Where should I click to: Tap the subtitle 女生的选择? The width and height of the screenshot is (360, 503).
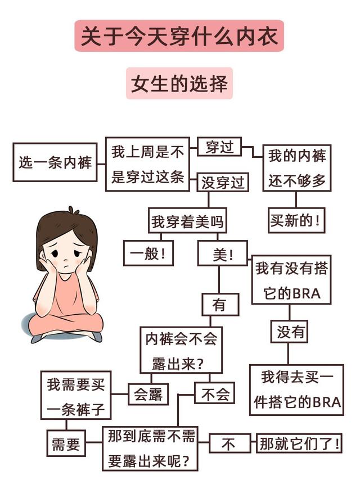pos(179,84)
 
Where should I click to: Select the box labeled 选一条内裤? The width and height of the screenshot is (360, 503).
pos(55,162)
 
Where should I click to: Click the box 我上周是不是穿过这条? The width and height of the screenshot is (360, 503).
pos(147,164)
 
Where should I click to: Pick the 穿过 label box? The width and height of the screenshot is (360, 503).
pos(219,148)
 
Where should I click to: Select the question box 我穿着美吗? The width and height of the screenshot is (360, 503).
pos(187,221)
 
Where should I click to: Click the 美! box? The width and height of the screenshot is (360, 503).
pos(222,254)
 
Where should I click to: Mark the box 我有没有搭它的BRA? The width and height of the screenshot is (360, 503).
pos(291,279)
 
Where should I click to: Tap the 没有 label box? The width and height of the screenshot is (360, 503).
pos(290,332)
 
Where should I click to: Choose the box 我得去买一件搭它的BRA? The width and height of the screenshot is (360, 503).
pos(296,389)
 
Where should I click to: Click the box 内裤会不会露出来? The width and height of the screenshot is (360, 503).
pos(181,350)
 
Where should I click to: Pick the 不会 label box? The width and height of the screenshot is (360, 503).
pos(214,394)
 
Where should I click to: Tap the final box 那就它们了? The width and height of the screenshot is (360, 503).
pos(299,444)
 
